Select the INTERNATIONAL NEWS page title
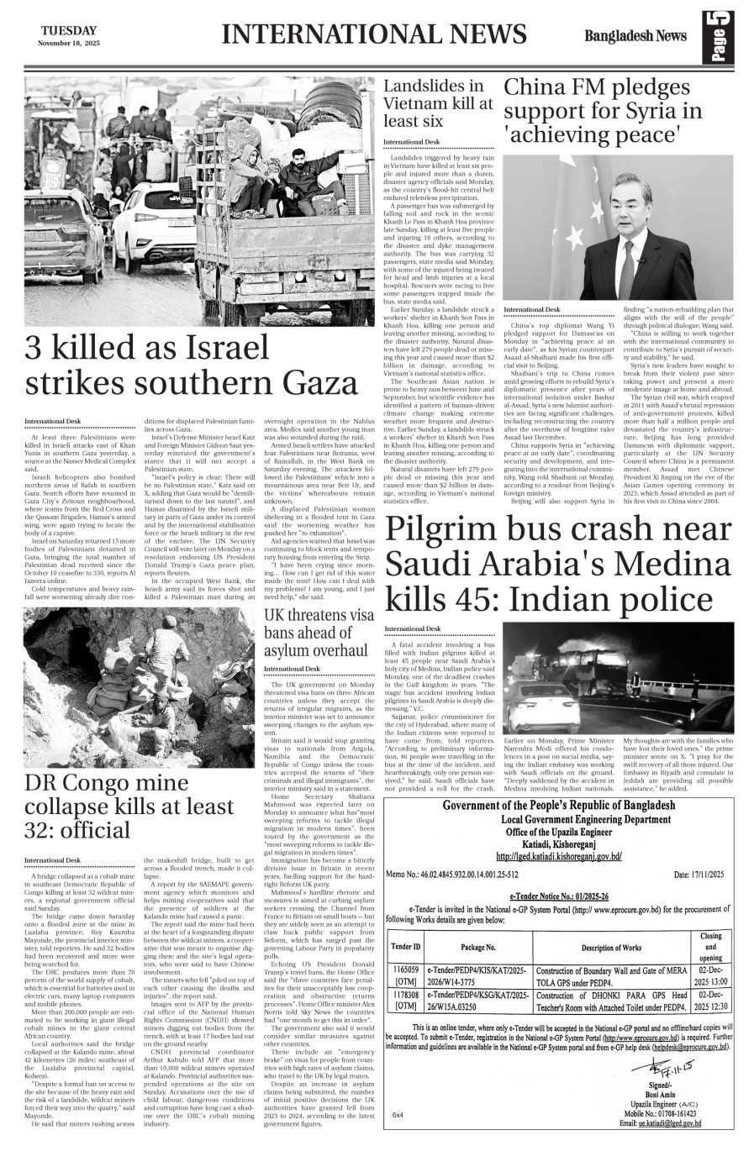coord(375,34)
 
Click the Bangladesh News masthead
coord(637,35)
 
